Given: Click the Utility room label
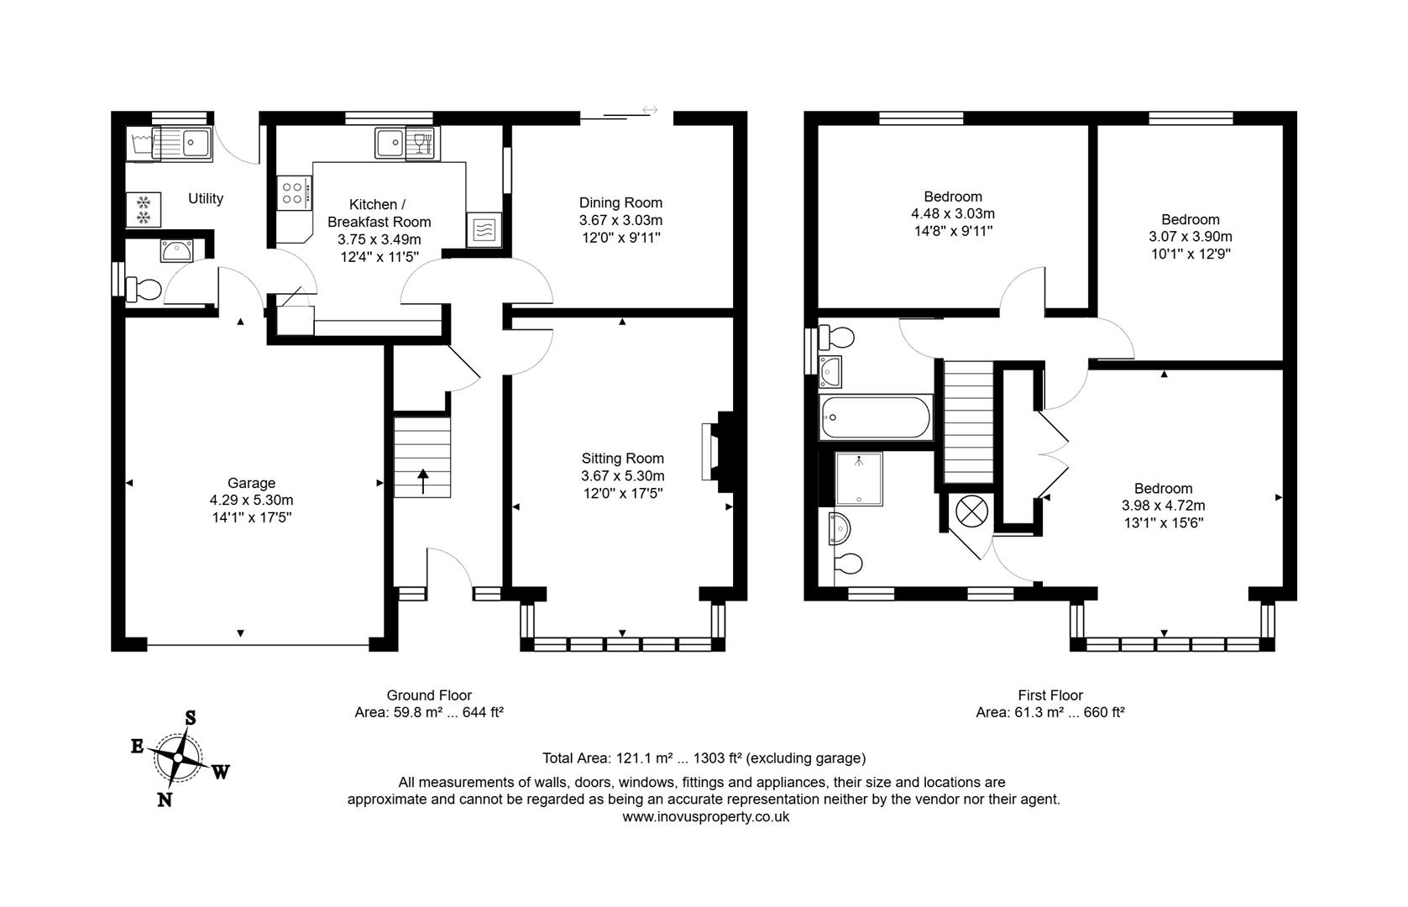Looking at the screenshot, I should point(206,198).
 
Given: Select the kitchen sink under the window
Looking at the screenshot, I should point(390,144).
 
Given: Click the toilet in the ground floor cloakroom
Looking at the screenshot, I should point(144,290).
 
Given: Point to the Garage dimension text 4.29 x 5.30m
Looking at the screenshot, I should point(251,500).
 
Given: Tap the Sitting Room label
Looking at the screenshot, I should point(622,458).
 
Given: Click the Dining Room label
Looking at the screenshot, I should point(620,202).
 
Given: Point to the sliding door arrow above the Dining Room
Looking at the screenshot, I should point(649,110).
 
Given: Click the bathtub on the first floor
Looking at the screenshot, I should point(875,417).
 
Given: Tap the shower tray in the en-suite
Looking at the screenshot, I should point(859,479).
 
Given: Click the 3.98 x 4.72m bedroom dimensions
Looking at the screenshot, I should point(1163,506).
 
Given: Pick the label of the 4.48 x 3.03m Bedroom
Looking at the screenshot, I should point(953,197).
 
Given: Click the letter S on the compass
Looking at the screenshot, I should point(191,717).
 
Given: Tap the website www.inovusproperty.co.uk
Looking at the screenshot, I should point(705,816).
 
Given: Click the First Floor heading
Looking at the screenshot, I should point(1049,695).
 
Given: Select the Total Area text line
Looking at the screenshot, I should point(704,758).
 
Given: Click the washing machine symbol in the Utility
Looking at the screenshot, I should point(143,209).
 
